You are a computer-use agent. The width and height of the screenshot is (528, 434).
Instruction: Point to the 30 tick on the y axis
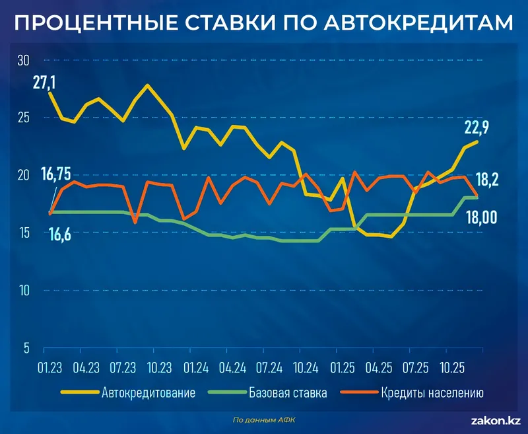click(x=23, y=60)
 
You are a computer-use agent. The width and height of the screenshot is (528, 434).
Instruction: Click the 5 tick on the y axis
click(x=26, y=348)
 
